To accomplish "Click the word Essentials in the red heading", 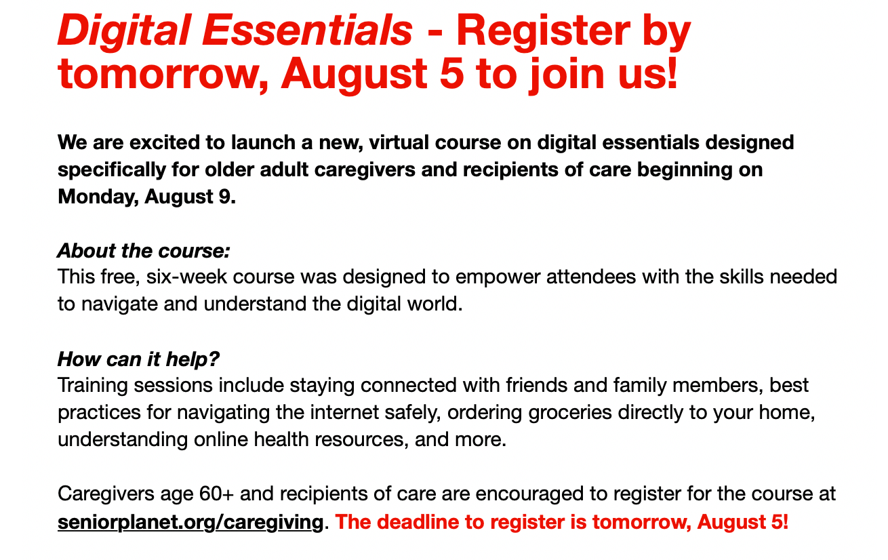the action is point(307,30).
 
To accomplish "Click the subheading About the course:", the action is point(144,251).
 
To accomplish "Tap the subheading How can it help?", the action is point(138,359).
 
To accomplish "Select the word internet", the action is point(344,412).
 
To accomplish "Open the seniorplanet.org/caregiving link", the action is point(190,522).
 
